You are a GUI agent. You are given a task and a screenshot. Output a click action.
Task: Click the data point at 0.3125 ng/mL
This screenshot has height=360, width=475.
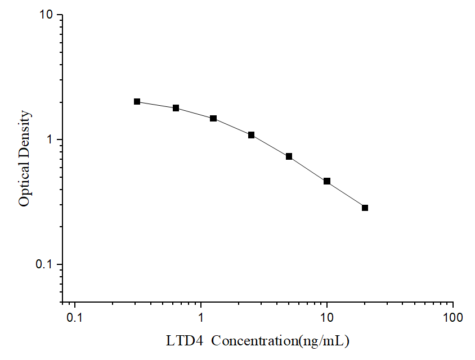point(137,102)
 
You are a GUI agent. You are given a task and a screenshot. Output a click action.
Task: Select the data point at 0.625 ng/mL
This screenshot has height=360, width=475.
point(176,108)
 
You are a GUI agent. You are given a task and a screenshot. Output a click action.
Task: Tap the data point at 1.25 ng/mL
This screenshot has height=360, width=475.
point(213,118)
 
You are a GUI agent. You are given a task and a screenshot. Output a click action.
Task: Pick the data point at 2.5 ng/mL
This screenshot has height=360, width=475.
point(251,135)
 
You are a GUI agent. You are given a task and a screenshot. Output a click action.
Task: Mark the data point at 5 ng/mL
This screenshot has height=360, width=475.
point(289,156)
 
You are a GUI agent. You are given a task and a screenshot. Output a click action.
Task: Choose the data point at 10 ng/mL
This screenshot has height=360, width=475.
point(326,181)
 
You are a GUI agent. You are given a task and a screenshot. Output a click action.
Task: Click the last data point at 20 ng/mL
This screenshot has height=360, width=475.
point(365,208)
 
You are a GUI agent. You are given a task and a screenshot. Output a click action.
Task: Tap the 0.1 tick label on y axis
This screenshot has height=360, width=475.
point(44,264)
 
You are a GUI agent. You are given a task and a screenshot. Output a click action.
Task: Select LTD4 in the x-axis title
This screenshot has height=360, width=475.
point(182,341)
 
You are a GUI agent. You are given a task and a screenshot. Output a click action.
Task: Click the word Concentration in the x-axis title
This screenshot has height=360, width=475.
point(248,341)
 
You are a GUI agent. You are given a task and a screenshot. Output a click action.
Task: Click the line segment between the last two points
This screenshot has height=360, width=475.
point(346,195)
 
